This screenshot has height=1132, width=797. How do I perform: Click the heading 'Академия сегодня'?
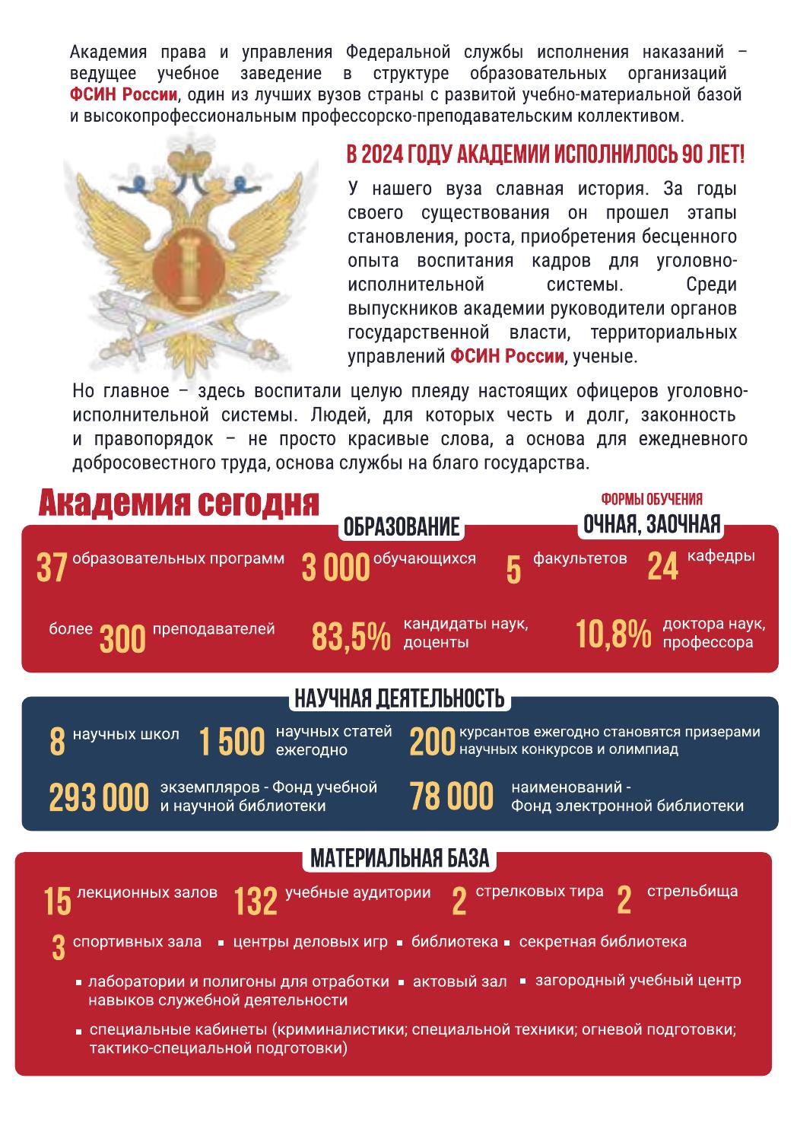pos(179,504)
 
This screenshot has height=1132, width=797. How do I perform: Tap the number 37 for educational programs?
pos(52,568)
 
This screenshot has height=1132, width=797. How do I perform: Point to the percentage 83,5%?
pos(351,637)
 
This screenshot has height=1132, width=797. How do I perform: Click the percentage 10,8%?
pos(613,634)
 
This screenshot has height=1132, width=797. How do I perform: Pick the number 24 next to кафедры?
pos(662,566)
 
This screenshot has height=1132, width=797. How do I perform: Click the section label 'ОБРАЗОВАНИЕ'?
pos(402,526)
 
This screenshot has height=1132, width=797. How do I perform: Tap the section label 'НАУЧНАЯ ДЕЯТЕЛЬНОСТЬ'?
pos(398,698)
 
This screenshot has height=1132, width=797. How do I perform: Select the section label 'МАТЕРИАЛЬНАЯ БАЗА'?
pos(398,859)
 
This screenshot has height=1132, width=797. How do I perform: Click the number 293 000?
pos(99,797)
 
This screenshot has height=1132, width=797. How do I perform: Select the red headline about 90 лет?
pos(545,154)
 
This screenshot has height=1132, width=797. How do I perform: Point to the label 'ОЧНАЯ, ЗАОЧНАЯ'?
pos(651,524)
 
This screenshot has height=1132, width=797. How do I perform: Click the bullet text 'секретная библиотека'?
pos(602,942)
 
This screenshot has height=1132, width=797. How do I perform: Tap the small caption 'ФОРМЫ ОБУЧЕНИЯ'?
pos(652,500)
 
